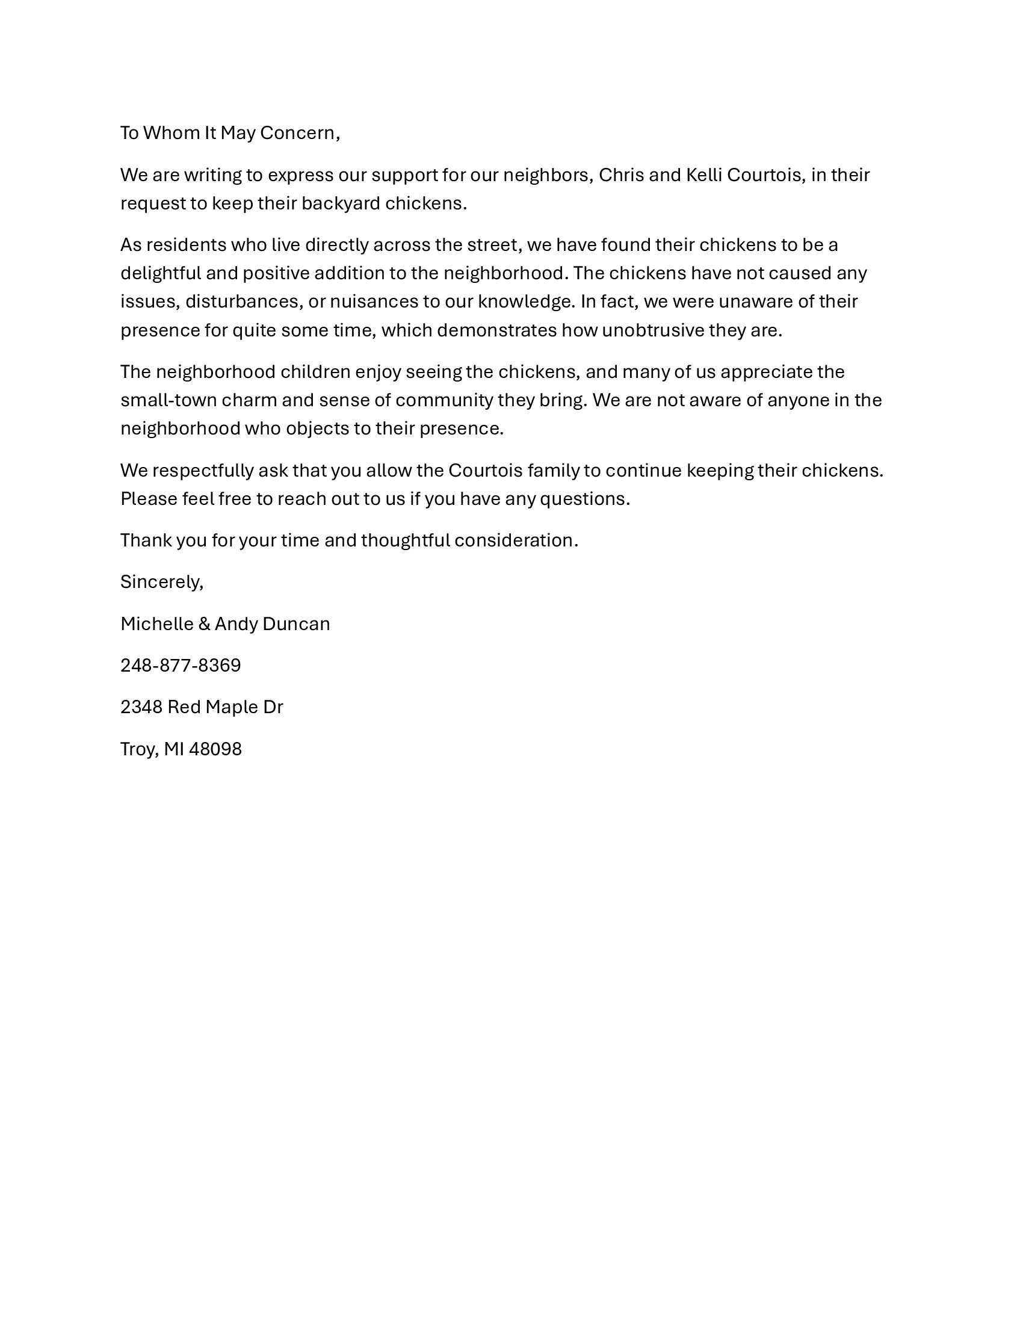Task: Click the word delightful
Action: (x=161, y=273)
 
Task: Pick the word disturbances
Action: (x=242, y=302)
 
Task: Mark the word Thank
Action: (x=146, y=540)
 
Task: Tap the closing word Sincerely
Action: (x=161, y=582)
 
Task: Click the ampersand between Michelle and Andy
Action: (x=204, y=624)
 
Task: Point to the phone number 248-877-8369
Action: (x=181, y=666)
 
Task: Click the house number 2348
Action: (x=141, y=708)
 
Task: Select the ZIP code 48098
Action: (x=215, y=749)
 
